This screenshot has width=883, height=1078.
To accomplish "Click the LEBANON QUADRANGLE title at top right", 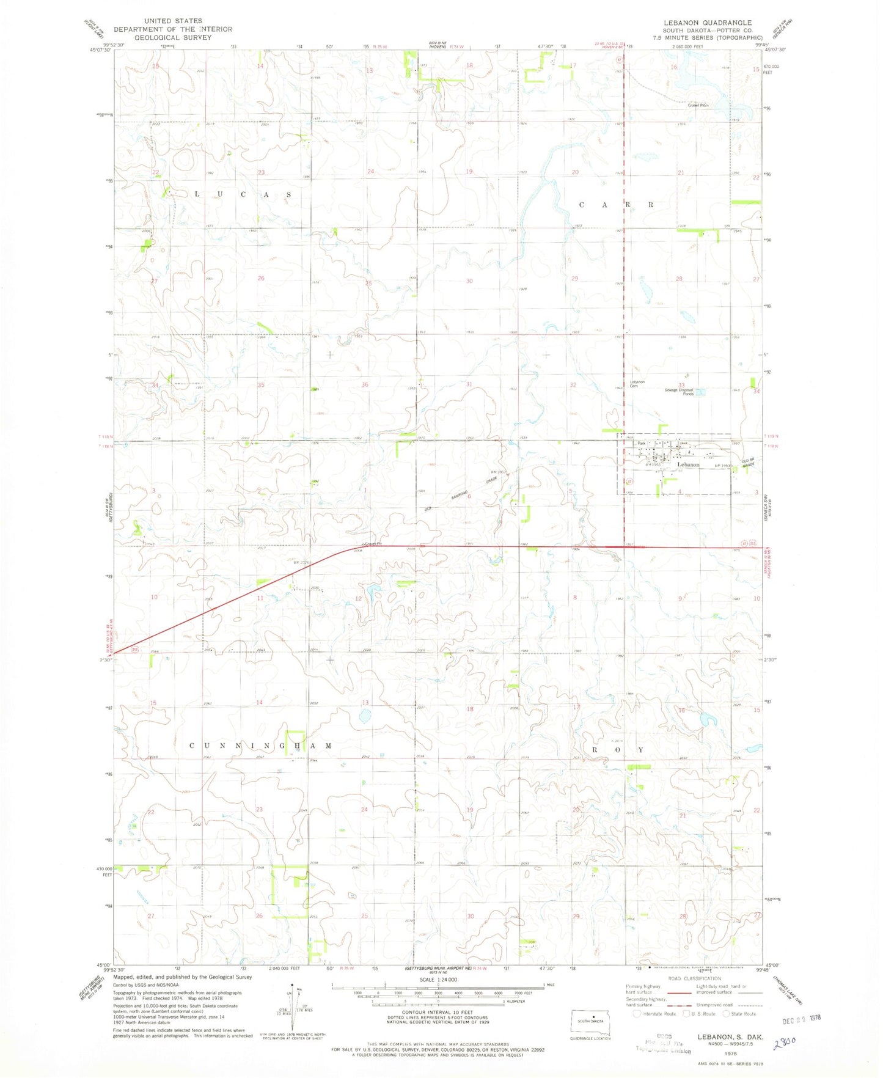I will (x=708, y=23).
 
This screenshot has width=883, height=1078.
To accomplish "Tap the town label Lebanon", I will (x=688, y=464).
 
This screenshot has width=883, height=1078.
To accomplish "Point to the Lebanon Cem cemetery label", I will (x=637, y=384).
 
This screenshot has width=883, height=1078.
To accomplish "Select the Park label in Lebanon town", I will (x=641, y=444).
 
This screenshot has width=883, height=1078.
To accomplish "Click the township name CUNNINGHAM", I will (x=261, y=746).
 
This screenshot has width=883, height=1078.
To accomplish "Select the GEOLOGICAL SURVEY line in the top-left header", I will (x=173, y=37).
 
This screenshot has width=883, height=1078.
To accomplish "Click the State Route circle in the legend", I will (x=727, y=1013).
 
